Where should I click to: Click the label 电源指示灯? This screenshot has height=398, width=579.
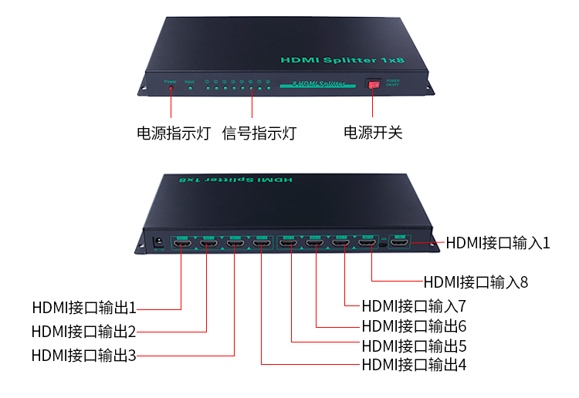point(174,133)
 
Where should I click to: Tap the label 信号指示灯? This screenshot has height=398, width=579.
point(259,133)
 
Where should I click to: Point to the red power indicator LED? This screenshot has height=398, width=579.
point(171,89)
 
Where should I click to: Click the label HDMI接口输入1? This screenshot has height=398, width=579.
point(498,243)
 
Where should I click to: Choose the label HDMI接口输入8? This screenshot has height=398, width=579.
point(476,282)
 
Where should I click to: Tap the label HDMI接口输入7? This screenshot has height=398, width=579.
point(414,305)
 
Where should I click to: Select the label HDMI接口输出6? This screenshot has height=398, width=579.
point(414,326)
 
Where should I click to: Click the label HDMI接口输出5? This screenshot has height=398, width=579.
point(414,346)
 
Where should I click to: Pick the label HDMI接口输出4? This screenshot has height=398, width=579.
point(414,365)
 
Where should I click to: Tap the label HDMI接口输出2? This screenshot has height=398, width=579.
point(84,332)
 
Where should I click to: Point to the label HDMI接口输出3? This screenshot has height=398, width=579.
point(84,356)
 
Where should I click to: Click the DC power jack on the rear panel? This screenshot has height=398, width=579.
point(158,241)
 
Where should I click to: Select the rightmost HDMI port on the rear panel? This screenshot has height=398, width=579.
point(400,245)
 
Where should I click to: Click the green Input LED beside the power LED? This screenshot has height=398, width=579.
point(190,89)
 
